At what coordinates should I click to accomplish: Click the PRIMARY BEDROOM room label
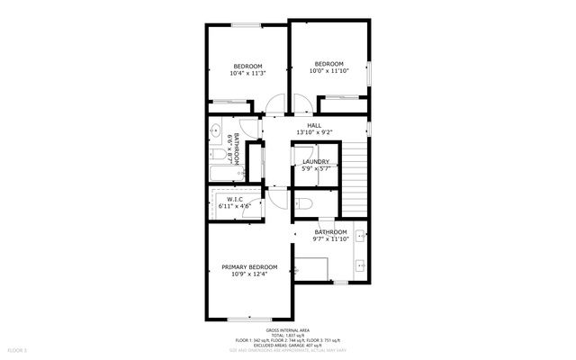249,266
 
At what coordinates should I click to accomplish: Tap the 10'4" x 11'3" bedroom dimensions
247,73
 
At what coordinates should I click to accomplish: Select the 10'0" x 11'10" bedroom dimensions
330,69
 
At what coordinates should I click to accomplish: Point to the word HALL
314,125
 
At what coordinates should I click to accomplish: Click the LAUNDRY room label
316,161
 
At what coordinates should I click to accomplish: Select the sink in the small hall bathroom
217,133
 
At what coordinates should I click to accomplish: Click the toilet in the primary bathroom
303,202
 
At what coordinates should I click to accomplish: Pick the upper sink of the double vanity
360,236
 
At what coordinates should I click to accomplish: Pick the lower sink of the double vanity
360,265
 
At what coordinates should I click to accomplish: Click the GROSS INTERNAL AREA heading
287,329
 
